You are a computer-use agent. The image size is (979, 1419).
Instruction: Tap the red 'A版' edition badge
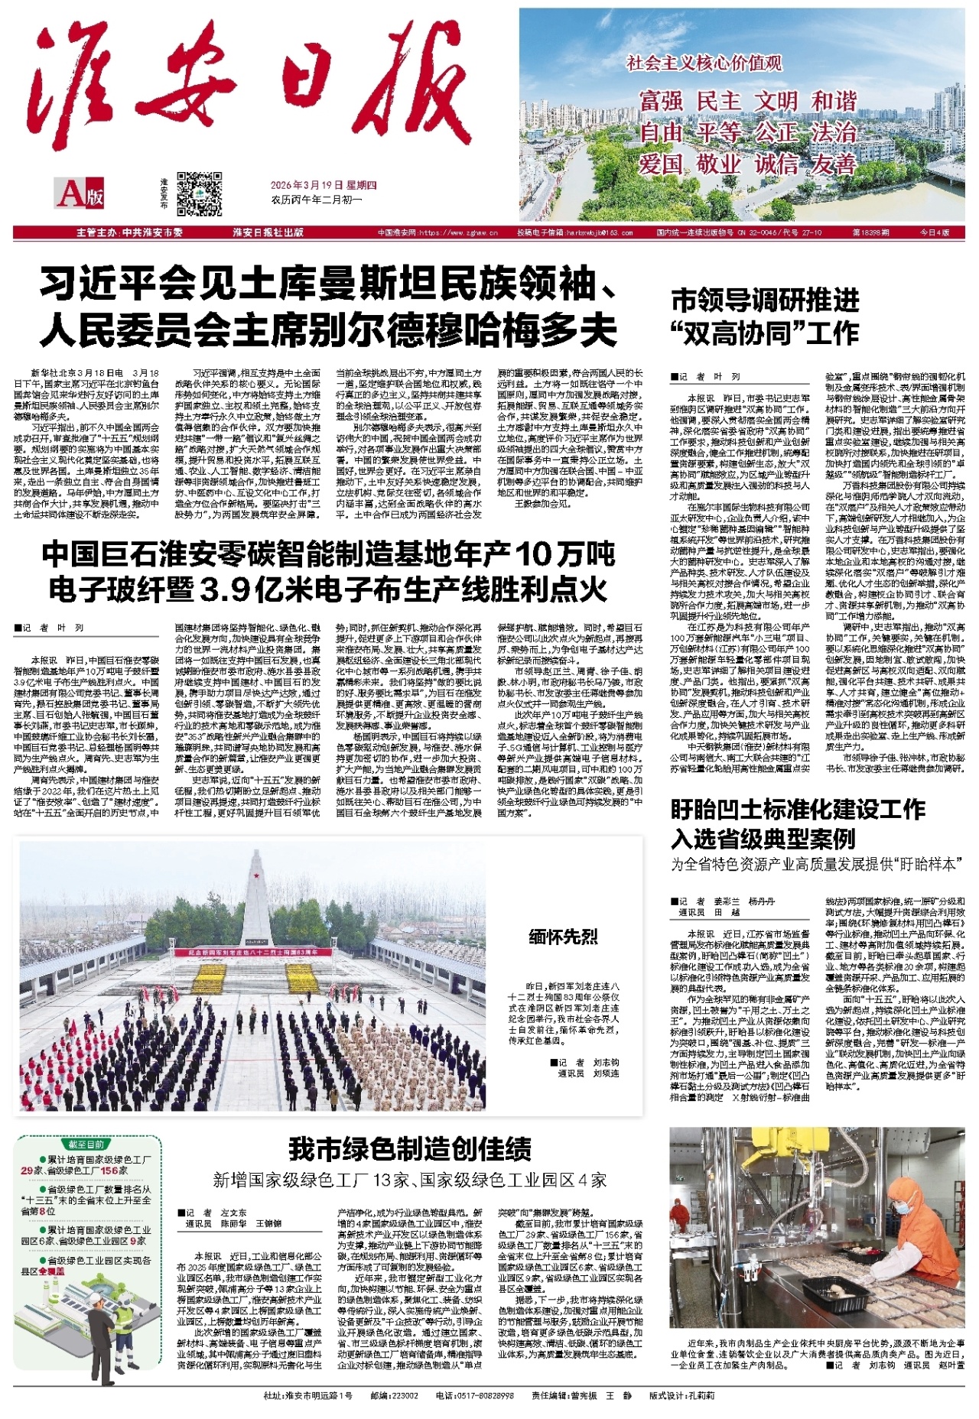pyautogui.click(x=80, y=193)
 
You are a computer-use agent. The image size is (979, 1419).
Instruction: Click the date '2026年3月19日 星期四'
pyautogui.click(x=324, y=185)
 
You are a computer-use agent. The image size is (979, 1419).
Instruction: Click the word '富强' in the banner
pyautogui.click(x=661, y=101)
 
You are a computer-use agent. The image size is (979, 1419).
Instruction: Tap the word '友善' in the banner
pyautogui.click(x=833, y=164)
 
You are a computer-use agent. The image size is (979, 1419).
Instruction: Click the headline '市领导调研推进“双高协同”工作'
pyautogui.click(x=765, y=317)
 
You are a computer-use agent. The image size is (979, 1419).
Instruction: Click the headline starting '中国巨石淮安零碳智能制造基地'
pyautogui.click(x=329, y=571)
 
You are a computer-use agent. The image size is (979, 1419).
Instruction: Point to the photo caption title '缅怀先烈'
pyautogui.click(x=563, y=937)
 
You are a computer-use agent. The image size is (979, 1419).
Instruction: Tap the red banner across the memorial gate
pyautogui.click(x=252, y=953)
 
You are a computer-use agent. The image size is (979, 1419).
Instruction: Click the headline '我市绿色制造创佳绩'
pyautogui.click(x=409, y=1149)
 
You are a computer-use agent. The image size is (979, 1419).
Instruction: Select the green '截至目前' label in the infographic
pyautogui.click(x=86, y=1145)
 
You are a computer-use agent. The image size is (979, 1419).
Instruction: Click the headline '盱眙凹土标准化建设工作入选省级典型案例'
pyautogui.click(x=798, y=823)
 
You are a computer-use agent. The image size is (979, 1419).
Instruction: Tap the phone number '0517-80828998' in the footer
pyautogui.click(x=474, y=1395)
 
